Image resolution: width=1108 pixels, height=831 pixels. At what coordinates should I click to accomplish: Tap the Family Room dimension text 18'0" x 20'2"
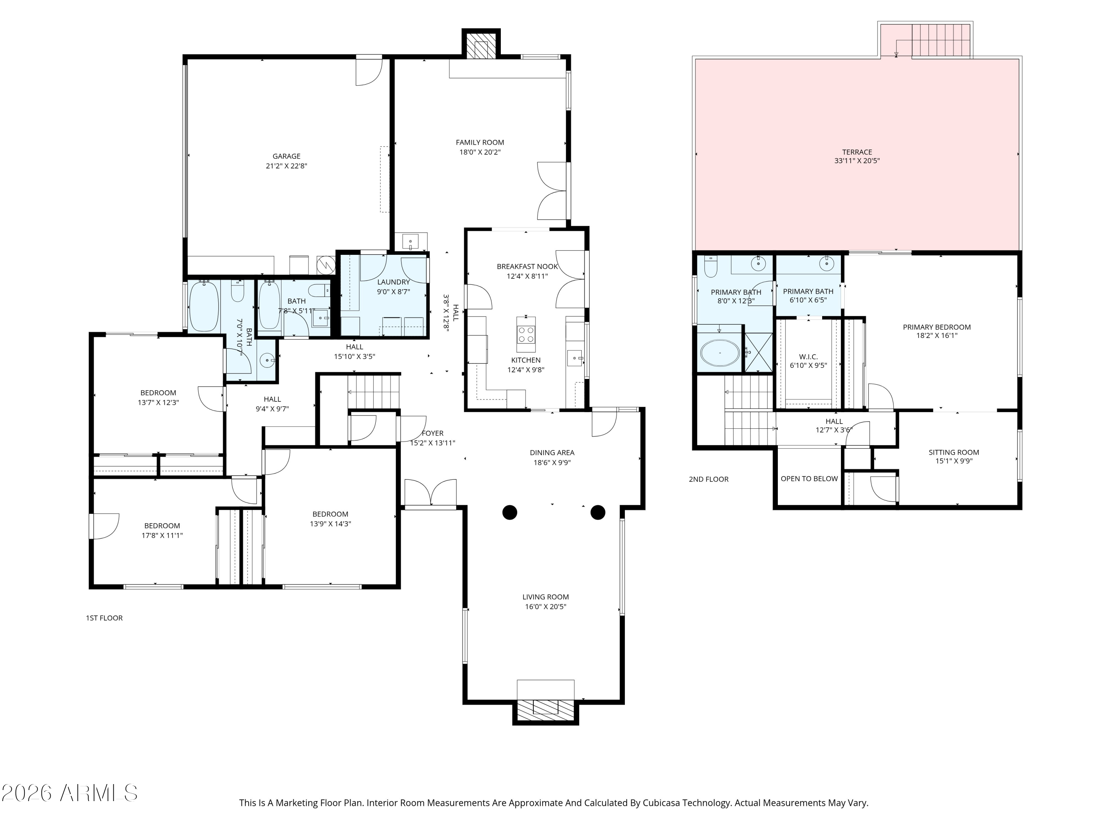tap(480, 152)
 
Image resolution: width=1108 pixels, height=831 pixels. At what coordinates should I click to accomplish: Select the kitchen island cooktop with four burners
tap(526, 334)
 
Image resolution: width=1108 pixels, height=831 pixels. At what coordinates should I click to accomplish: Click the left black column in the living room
tap(509, 512)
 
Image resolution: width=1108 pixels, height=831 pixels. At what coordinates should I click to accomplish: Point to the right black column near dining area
tap(598, 512)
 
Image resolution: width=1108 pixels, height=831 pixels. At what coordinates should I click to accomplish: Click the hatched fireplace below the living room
tap(545, 710)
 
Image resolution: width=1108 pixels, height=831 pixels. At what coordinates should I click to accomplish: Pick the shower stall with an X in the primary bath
tap(758, 353)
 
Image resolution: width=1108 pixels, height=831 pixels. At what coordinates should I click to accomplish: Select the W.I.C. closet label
tap(808, 357)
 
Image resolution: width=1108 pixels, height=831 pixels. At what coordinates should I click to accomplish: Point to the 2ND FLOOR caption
tap(708, 479)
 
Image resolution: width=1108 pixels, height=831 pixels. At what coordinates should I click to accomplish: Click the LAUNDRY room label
tap(393, 282)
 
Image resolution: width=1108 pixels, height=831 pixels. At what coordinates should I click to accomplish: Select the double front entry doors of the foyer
tap(430, 493)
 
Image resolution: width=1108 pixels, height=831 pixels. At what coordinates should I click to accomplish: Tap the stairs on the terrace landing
tap(940, 40)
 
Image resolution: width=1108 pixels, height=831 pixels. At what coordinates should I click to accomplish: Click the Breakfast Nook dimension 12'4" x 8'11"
tap(527, 276)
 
